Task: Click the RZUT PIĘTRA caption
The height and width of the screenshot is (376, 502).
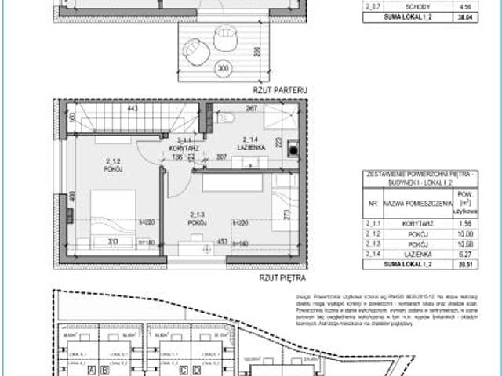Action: pyautogui.click(x=282, y=277)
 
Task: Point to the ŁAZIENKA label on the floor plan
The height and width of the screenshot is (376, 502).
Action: pyautogui.click(x=251, y=146)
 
